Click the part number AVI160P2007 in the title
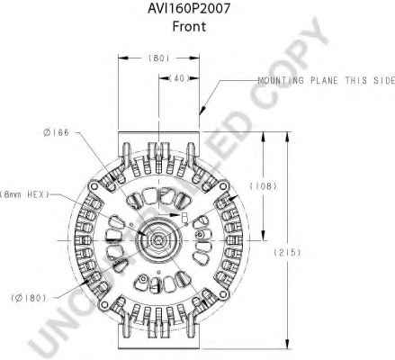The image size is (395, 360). [189, 8]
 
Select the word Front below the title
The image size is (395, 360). [189, 26]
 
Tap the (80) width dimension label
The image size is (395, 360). [158, 58]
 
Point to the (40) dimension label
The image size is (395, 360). [179, 78]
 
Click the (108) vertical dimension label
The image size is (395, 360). [264, 186]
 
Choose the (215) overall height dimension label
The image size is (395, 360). [287, 252]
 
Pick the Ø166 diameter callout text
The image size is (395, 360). [56, 132]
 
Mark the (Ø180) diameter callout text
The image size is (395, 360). [29, 298]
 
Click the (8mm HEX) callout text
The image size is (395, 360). [24, 194]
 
